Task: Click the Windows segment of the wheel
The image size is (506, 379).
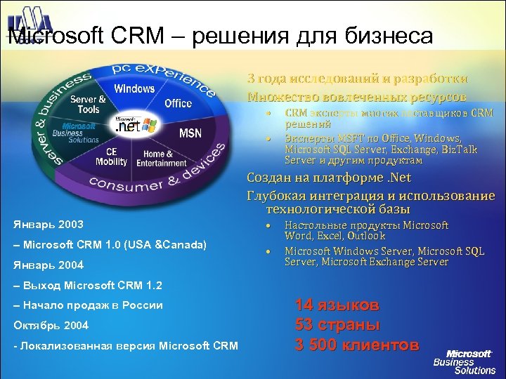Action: [134, 88]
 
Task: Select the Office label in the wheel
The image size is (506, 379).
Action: [178, 103]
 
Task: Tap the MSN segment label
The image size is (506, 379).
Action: [190, 133]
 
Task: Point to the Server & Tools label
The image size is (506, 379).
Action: [89, 105]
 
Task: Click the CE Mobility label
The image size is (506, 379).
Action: [111, 157]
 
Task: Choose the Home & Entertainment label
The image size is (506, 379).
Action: [161, 159]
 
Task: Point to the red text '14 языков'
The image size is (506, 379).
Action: [337, 305]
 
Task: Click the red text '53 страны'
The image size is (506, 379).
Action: [337, 325]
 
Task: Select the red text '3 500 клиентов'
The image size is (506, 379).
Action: [357, 345]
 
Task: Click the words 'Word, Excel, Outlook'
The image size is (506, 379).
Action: [335, 236]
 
